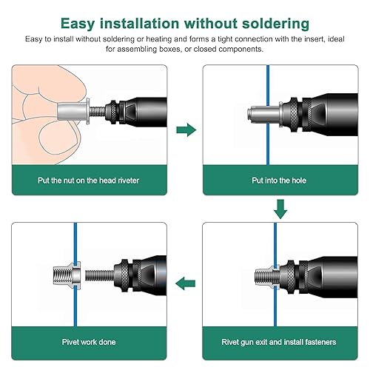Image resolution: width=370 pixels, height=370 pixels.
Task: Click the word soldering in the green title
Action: (x=275, y=24)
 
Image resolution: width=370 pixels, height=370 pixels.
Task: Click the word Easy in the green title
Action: (x=78, y=24)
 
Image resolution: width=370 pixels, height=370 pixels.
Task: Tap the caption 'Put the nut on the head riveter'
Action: (x=88, y=181)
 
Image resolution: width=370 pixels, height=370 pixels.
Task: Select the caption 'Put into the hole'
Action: (x=279, y=181)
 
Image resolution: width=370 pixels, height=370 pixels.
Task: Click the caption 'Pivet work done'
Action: (x=89, y=342)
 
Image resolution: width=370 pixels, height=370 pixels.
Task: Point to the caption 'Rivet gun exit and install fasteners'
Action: (x=279, y=342)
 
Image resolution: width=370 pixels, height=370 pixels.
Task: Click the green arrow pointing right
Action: (x=186, y=129)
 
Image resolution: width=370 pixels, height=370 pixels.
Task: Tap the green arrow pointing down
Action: (x=280, y=209)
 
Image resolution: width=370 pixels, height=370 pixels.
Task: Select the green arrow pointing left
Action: (x=185, y=283)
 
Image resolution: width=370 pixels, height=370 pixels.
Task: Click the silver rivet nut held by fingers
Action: (x=73, y=112)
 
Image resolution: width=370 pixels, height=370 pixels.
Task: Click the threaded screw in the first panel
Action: (x=98, y=112)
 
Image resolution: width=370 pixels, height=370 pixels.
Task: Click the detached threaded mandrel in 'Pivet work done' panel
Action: (x=100, y=275)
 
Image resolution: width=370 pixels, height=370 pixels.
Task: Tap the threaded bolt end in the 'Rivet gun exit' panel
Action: (x=263, y=275)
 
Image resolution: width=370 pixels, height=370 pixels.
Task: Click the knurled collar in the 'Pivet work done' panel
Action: (x=124, y=275)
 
